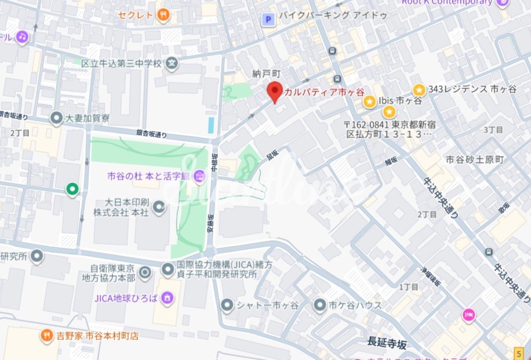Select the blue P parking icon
point(268,20)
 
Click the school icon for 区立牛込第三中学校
point(172,64)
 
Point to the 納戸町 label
point(267,74)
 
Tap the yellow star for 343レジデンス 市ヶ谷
point(419,89)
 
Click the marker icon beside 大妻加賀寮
point(56,119)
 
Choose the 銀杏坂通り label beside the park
point(152,134)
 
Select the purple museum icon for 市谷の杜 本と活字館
point(199,175)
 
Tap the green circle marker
point(72,188)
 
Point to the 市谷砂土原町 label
point(475,159)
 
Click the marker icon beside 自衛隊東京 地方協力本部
point(145,271)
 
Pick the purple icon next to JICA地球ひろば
point(167,298)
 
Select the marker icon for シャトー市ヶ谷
point(227,304)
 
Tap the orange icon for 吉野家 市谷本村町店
point(46,335)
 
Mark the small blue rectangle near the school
point(210,124)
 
